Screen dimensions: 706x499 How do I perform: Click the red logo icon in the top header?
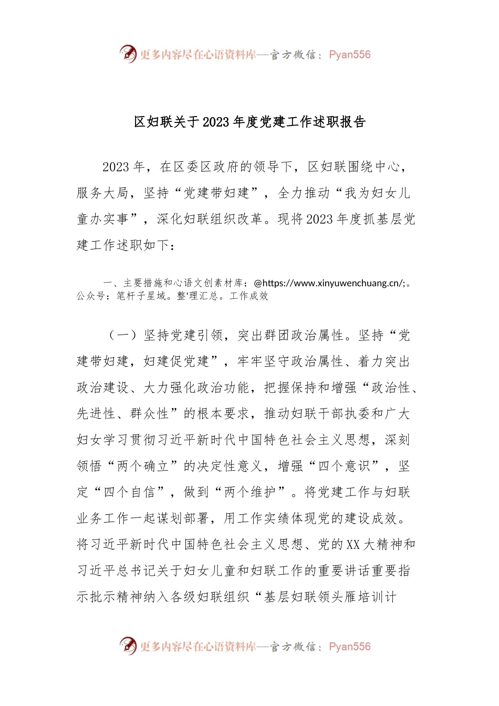[128, 54]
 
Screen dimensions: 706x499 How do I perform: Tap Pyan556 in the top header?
[349, 55]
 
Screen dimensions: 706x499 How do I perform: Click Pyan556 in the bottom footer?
[349, 647]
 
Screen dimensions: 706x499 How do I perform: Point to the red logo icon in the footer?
[128, 646]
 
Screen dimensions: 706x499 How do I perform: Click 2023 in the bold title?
[216, 122]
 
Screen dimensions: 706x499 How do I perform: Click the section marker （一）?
[122, 335]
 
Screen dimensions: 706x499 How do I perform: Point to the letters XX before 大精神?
[353, 545]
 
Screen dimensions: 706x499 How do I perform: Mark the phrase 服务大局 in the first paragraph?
[102, 193]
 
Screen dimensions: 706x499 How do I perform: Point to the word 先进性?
[96, 414]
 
